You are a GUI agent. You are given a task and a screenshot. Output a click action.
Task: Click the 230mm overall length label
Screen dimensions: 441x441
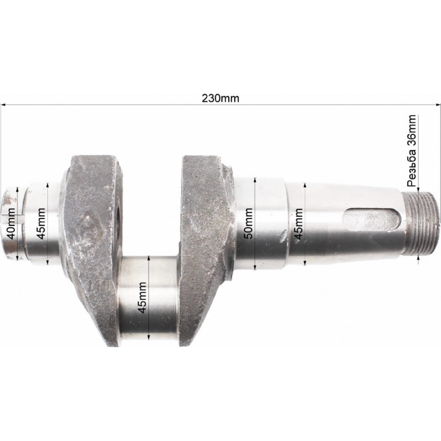(220, 99)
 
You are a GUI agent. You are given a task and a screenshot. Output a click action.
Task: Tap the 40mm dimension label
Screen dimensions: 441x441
(12, 224)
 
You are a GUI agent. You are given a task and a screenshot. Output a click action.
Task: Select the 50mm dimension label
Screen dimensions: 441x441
(249, 223)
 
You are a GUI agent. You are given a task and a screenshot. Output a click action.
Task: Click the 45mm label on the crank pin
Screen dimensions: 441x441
(142, 298)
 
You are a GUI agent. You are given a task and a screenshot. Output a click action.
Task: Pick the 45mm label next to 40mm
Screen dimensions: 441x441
(41, 224)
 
